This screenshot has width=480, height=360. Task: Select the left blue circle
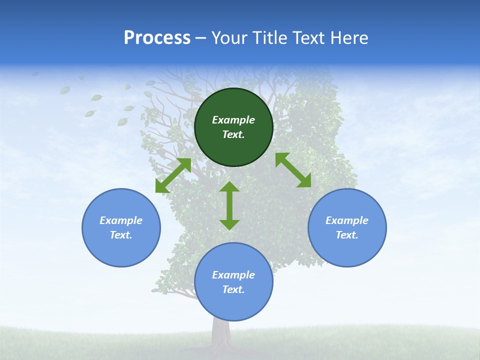click(121, 250)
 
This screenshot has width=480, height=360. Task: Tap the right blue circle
click(347, 250)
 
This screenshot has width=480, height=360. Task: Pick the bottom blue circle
click(233, 305)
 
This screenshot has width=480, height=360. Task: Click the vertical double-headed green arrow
click(229, 205)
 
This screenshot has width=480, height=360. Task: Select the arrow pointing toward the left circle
click(173, 175)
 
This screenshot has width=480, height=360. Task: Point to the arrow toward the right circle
click(293, 170)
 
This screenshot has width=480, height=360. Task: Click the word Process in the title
click(157, 37)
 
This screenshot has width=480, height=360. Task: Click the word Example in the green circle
click(233, 120)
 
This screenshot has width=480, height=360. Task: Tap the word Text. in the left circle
click(121, 235)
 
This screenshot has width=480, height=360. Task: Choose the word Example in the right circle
click(347, 220)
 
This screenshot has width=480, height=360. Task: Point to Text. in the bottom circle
click(233, 289)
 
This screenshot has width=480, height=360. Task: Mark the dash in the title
click(201, 38)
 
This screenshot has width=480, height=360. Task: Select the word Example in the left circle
click(121, 220)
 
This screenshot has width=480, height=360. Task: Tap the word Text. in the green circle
click(233, 134)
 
